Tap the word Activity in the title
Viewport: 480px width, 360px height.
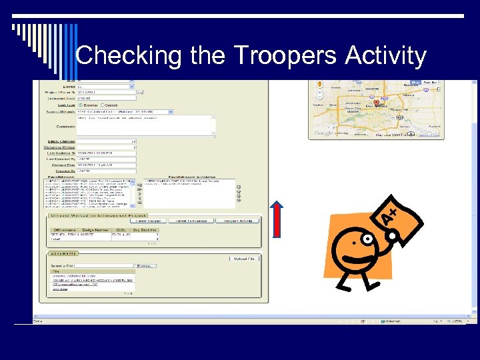pos(385,56)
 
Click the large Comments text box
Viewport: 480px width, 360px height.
pos(145,125)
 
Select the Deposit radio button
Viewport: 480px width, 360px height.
pos(105,105)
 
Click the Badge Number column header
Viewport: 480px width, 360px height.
pos(93,229)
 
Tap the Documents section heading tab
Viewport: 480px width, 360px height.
pos(63,253)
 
